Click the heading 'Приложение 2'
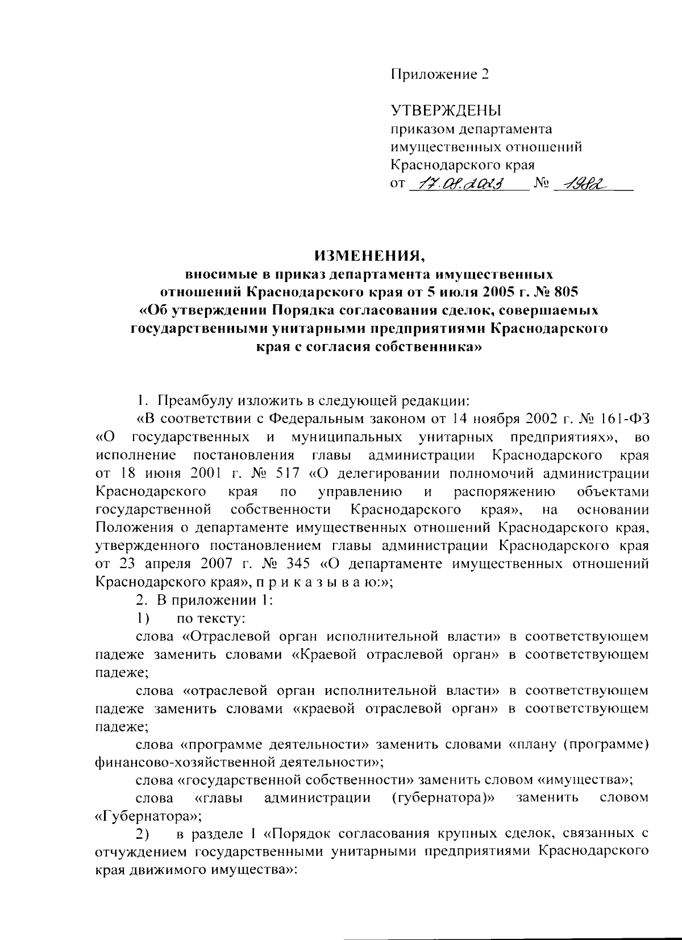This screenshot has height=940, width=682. (x=439, y=74)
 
